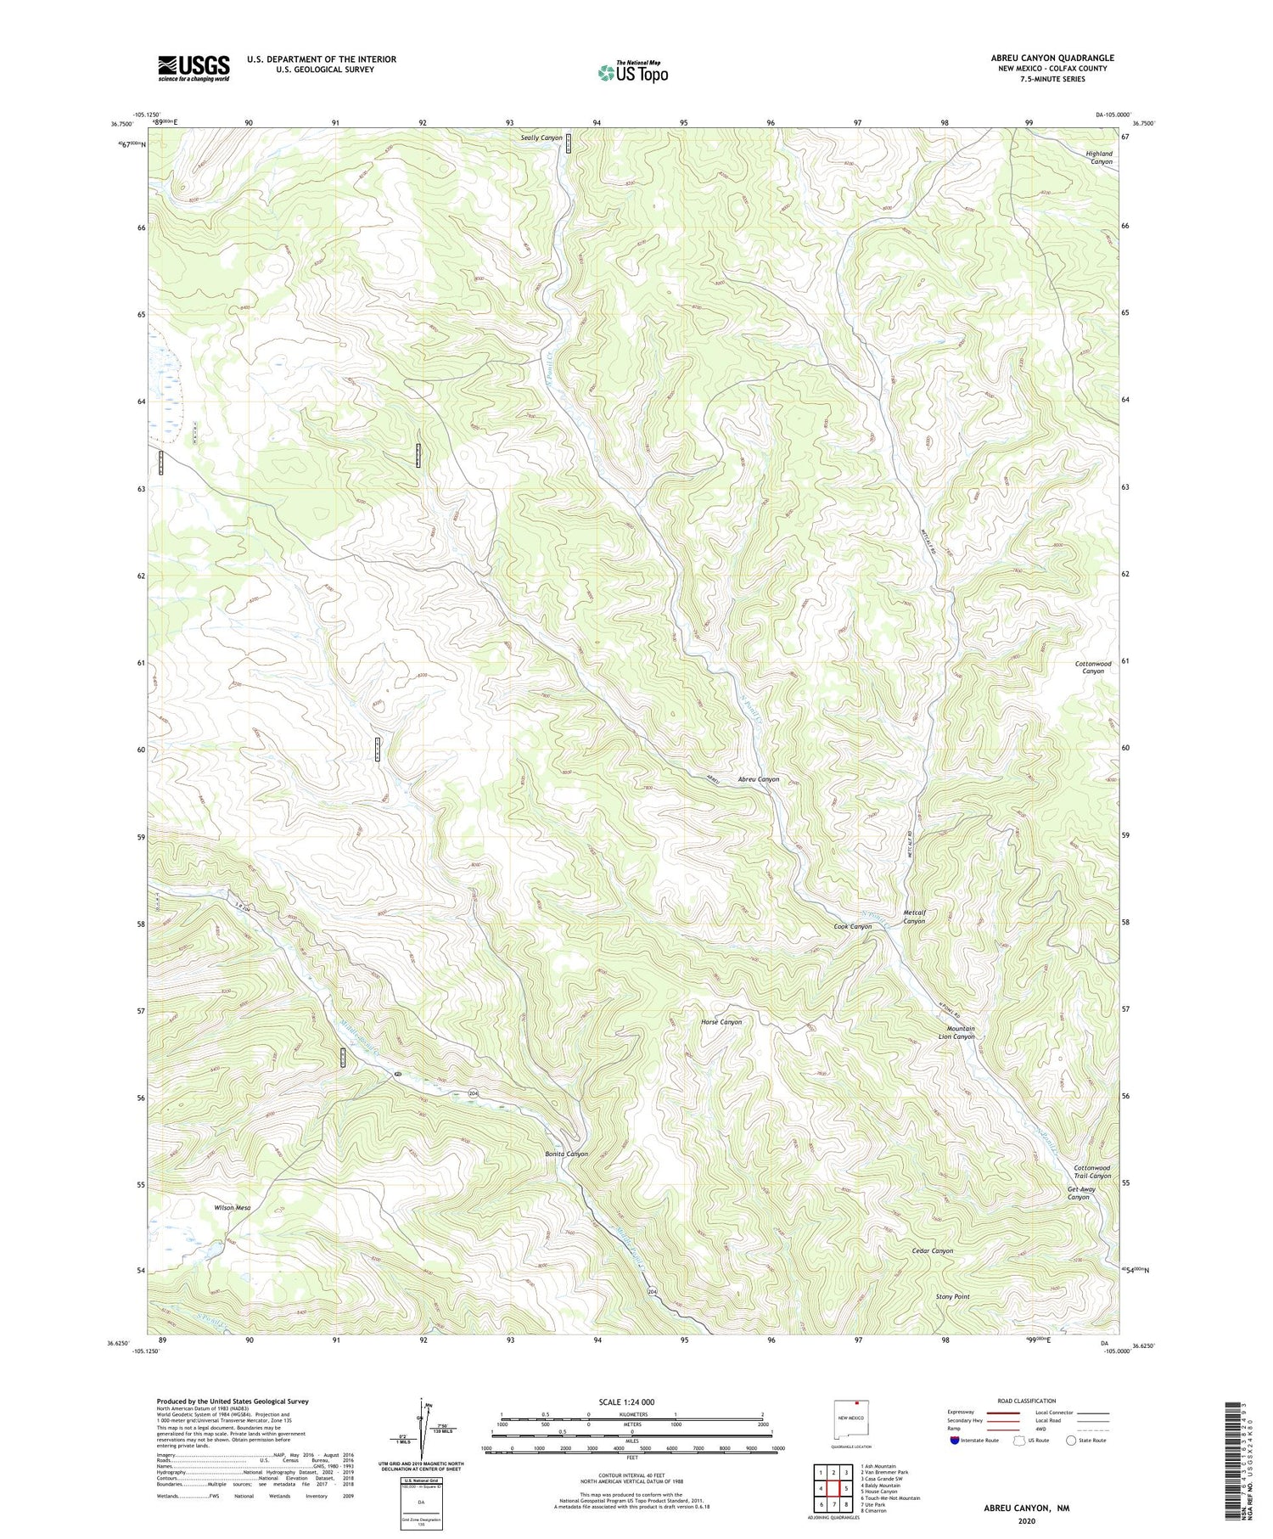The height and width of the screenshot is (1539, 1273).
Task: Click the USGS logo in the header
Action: click(x=193, y=68)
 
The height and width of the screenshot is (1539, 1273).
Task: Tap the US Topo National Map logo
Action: click(x=632, y=72)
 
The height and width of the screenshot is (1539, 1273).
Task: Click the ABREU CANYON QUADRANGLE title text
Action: click(x=1052, y=58)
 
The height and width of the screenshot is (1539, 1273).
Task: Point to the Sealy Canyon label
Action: click(x=541, y=138)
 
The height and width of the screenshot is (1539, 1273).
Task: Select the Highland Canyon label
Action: click(x=1101, y=157)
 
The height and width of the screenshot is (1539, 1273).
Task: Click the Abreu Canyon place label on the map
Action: click(x=758, y=779)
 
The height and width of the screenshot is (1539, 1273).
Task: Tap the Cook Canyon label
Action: click(x=852, y=926)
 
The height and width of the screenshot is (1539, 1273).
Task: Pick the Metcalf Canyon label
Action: click(x=914, y=917)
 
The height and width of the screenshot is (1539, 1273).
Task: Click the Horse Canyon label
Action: click(x=721, y=1022)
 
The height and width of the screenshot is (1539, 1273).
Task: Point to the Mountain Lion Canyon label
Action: click(x=961, y=1032)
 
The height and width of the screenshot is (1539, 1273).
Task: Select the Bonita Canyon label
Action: click(x=566, y=1154)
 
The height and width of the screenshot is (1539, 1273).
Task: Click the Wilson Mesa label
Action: click(x=233, y=1207)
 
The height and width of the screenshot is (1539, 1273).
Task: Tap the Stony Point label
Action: click(x=952, y=1297)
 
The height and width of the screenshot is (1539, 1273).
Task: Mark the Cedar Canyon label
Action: click(x=932, y=1250)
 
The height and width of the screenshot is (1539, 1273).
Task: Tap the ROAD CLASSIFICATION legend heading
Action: click(x=1027, y=1401)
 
